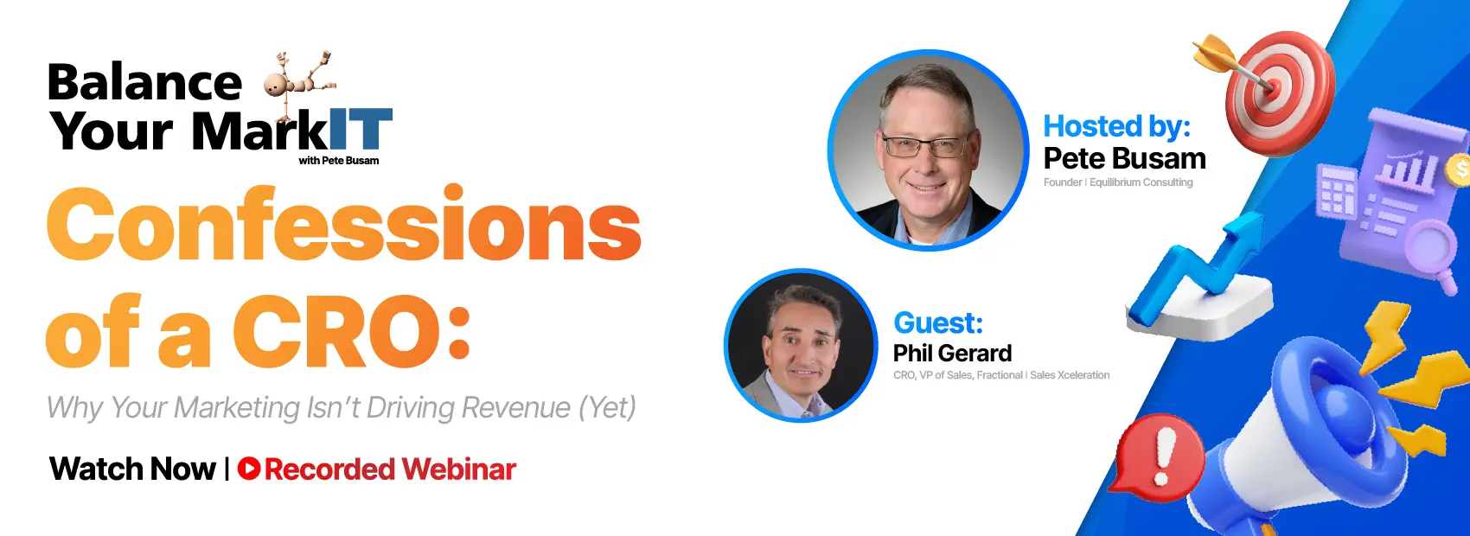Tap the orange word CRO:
[350, 331]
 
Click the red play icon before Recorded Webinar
[249, 469]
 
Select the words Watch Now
[132, 469]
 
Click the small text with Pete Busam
[338, 161]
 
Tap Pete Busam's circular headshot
[928, 150]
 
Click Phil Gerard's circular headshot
[801, 346]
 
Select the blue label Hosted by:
[1116, 126]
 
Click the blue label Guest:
[938, 322]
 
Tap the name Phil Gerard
[952, 353]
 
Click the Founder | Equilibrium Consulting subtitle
[1118, 182]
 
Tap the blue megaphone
[1314, 432]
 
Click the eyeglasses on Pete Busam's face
[924, 145]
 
